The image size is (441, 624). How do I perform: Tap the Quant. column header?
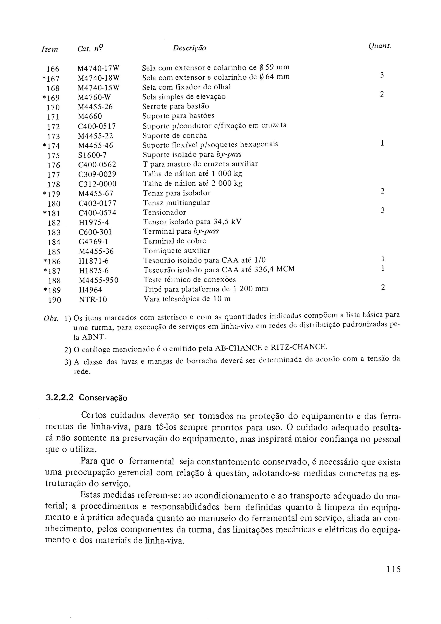(x=380, y=46)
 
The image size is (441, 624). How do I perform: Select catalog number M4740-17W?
(x=98, y=68)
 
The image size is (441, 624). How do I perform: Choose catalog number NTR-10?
(x=93, y=300)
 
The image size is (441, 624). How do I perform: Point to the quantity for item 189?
(x=383, y=287)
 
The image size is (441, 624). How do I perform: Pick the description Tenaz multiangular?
(x=176, y=203)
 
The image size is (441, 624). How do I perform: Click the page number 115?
(x=394, y=569)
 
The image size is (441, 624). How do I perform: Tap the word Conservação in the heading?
(x=103, y=398)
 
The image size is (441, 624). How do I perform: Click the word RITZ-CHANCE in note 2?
(x=299, y=347)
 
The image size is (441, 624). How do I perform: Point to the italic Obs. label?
(x=51, y=318)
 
